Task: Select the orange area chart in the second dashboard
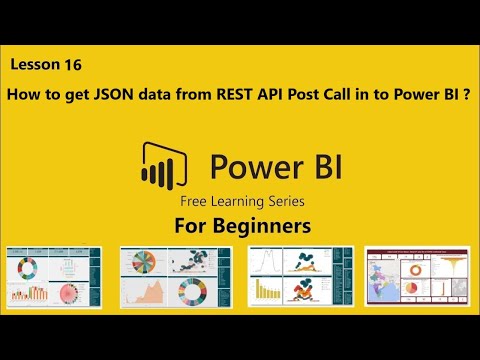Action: pos(146,291)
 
